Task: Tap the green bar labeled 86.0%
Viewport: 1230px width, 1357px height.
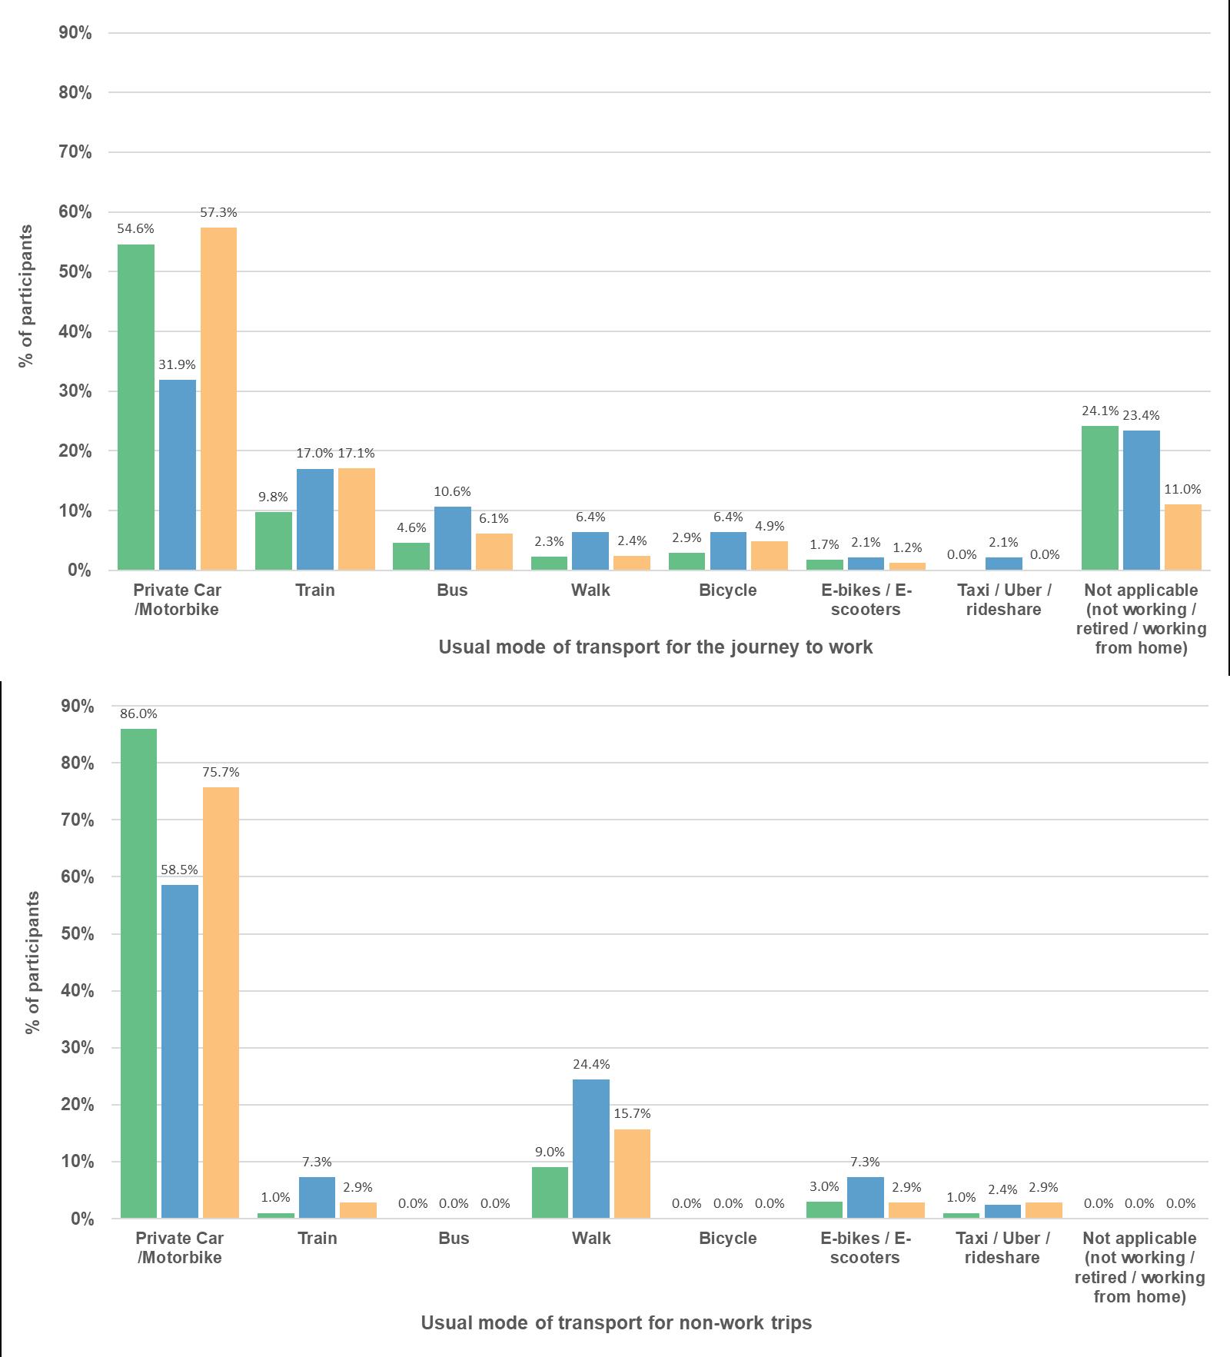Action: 138,973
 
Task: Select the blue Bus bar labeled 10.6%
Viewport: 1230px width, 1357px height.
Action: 452,537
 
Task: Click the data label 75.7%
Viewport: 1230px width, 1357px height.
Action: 221,772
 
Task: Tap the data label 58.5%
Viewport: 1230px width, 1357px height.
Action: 179,870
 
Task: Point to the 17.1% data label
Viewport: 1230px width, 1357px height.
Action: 357,453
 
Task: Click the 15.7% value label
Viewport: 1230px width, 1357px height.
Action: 632,1113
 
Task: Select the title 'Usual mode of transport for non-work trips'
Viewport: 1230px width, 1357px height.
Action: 616,1322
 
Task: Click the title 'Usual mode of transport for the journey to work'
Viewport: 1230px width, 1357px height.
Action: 655,647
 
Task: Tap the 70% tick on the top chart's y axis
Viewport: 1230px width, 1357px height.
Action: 75,152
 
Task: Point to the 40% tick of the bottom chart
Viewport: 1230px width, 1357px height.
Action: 76,991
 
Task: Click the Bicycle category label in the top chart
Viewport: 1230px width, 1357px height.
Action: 727,590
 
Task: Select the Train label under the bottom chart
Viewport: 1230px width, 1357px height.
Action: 317,1238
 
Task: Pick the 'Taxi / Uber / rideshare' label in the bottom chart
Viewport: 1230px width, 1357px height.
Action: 1002,1247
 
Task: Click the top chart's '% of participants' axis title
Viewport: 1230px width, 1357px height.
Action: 27,296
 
